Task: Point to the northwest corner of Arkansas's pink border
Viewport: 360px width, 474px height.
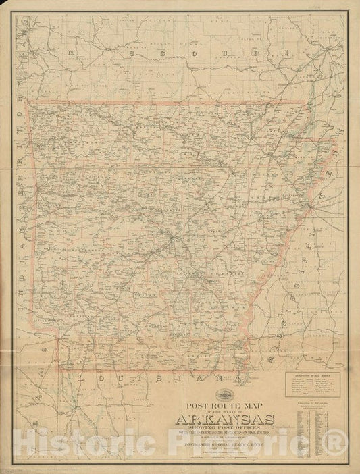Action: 26,103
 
